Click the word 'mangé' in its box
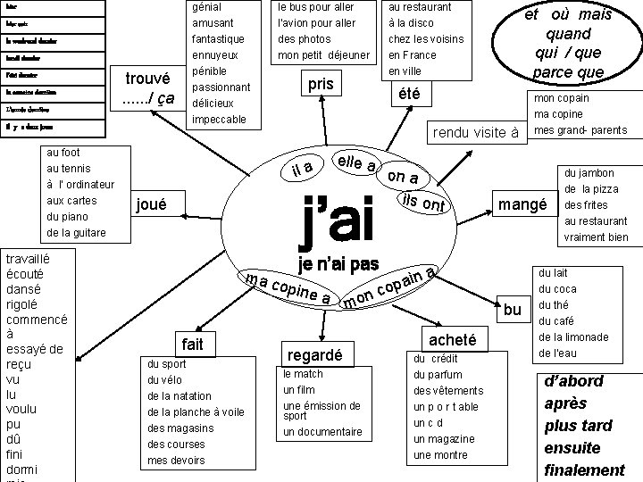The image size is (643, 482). [522, 205]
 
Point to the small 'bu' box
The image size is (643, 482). [512, 309]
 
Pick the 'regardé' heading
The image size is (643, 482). [312, 355]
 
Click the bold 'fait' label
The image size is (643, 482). [192, 344]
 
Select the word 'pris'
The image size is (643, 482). [319, 84]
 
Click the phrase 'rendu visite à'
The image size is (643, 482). [476, 133]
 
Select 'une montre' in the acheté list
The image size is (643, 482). [441, 455]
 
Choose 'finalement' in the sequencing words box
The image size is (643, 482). [585, 470]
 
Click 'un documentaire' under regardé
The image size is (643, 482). [322, 432]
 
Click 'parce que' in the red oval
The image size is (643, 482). [569, 71]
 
